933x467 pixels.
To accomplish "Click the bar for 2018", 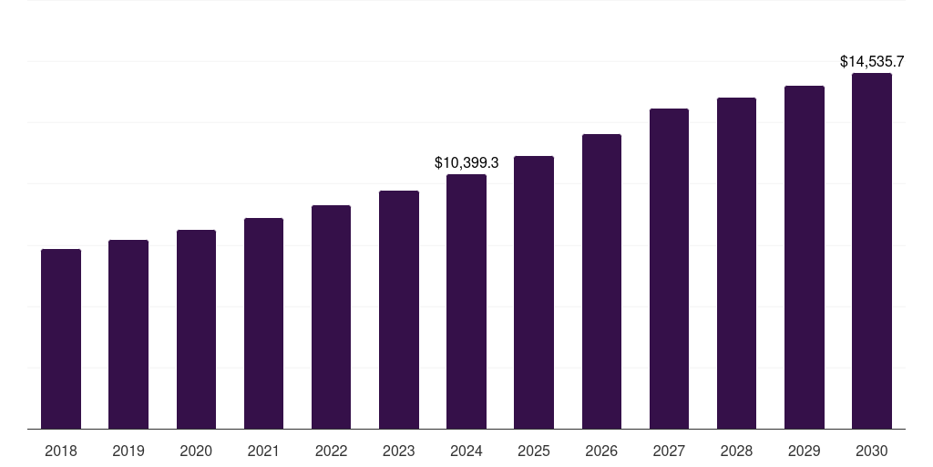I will point(61,338).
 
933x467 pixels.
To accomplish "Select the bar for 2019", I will point(128,334).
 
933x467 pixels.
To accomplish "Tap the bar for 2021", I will point(263,323).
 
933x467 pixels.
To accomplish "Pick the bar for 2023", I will point(399,309).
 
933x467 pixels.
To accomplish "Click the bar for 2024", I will point(466,301).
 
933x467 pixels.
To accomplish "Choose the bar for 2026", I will point(601,281).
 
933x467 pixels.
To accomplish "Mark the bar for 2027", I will point(669,268).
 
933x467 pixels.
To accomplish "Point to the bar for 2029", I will point(805,257).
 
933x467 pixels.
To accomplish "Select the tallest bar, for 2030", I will point(872,251).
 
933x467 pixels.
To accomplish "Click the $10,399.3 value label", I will point(466,163).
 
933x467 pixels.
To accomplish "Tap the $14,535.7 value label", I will point(872,62).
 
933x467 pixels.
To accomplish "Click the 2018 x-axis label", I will point(61,451).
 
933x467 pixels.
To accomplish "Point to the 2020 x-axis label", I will point(196,451).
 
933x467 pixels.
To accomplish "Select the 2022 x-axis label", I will point(331,451).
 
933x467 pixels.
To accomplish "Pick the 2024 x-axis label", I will point(466,451).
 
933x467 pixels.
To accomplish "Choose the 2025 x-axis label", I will point(534,451).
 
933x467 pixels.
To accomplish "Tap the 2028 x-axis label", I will point(736,451).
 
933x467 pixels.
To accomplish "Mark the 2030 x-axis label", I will point(872,451).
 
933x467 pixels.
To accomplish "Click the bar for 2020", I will point(196,329).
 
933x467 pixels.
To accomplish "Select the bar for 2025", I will point(534,292).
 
